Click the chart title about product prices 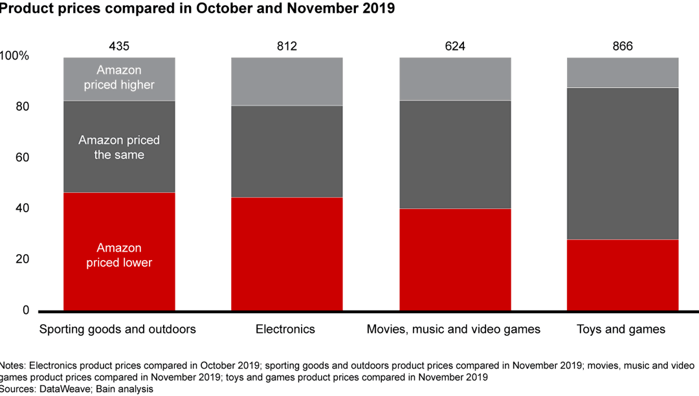coord(197,9)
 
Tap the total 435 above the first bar coord(119,46)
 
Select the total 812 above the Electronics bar coord(287,46)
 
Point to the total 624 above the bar coord(454,46)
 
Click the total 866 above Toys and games coord(622,46)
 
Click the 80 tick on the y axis coord(23,107)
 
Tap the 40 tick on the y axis coord(23,209)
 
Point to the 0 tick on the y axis coord(26,311)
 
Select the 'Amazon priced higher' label coord(119,78)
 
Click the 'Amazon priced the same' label coord(119,148)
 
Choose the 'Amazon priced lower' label coord(119,255)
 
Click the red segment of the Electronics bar coord(287,254)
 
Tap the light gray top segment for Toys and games coord(622,72)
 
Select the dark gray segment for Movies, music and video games coord(454,154)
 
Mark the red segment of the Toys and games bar coord(622,275)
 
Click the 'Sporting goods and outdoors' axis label coord(118,329)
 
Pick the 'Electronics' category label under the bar coord(285,329)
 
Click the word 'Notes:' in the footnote coord(14,366)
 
